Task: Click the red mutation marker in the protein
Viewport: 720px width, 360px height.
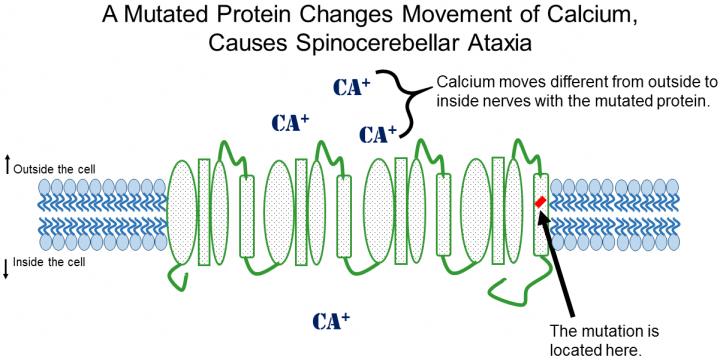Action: click(540, 203)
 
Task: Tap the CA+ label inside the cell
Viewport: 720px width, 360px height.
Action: click(331, 321)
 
